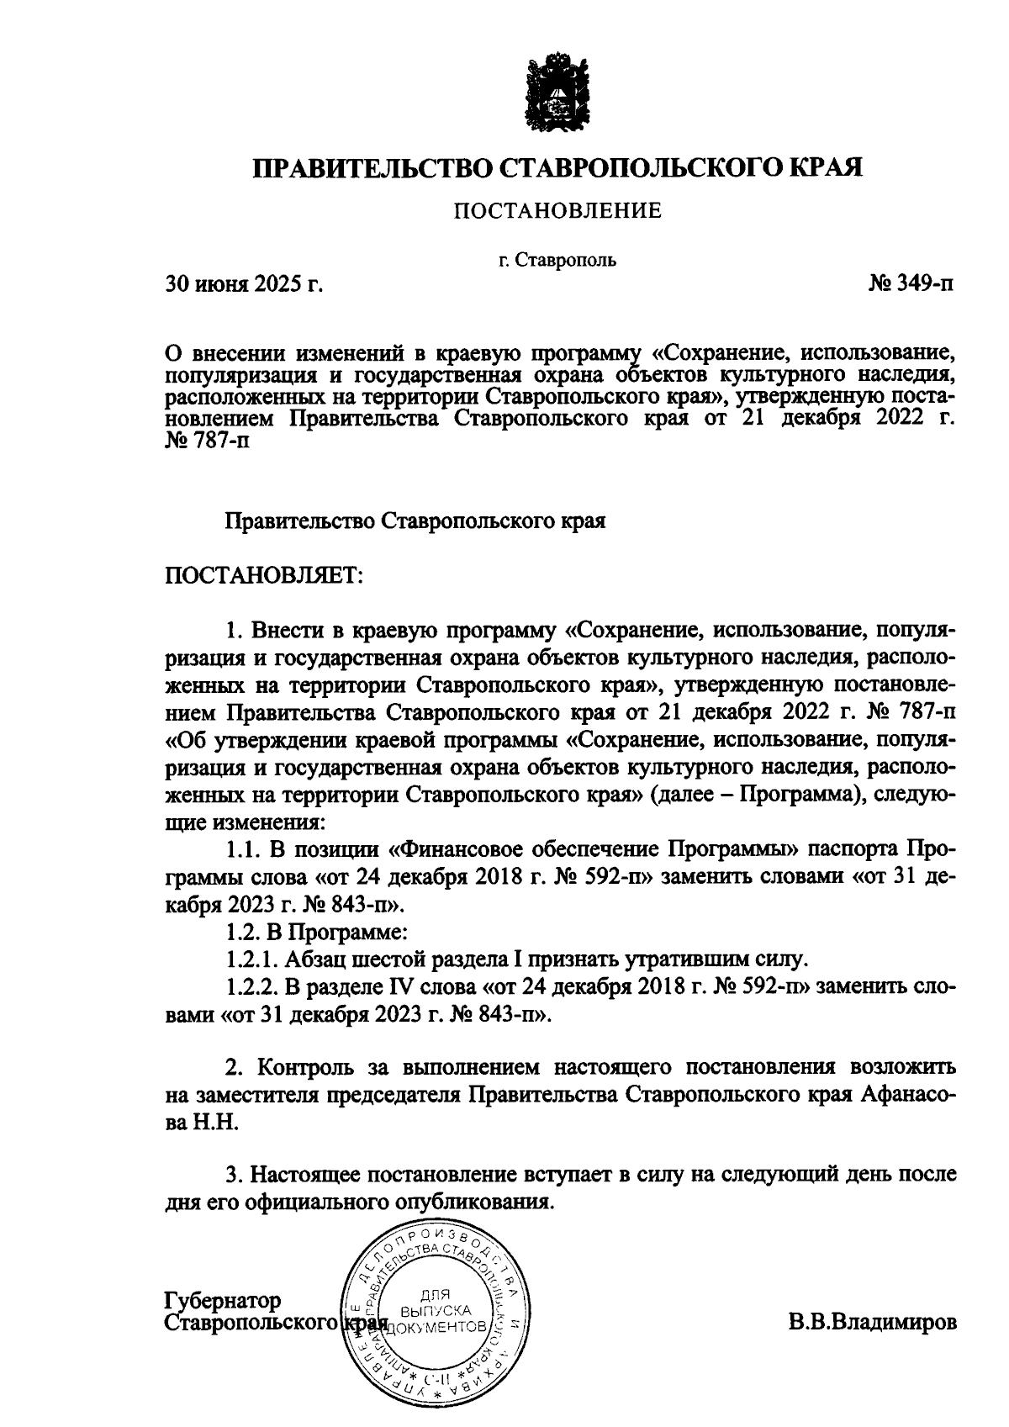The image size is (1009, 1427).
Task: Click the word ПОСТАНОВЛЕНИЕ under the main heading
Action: point(557,211)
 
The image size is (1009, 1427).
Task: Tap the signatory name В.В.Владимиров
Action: point(872,1322)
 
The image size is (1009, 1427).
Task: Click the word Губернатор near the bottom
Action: point(223,1300)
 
